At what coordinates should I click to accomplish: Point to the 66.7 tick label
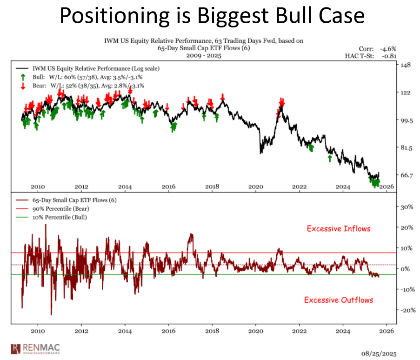coord(407,175)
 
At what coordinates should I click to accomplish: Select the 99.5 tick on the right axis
coord(407,120)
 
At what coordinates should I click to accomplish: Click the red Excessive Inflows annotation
coord(339,228)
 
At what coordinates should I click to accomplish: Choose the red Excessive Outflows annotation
coord(339,300)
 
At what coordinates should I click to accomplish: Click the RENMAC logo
coord(34,348)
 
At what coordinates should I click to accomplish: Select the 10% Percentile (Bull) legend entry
coord(59,217)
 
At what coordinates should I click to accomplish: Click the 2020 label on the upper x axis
coord(256,187)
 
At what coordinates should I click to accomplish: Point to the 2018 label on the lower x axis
coord(212,331)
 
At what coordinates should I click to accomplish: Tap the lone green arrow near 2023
coord(330,159)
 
